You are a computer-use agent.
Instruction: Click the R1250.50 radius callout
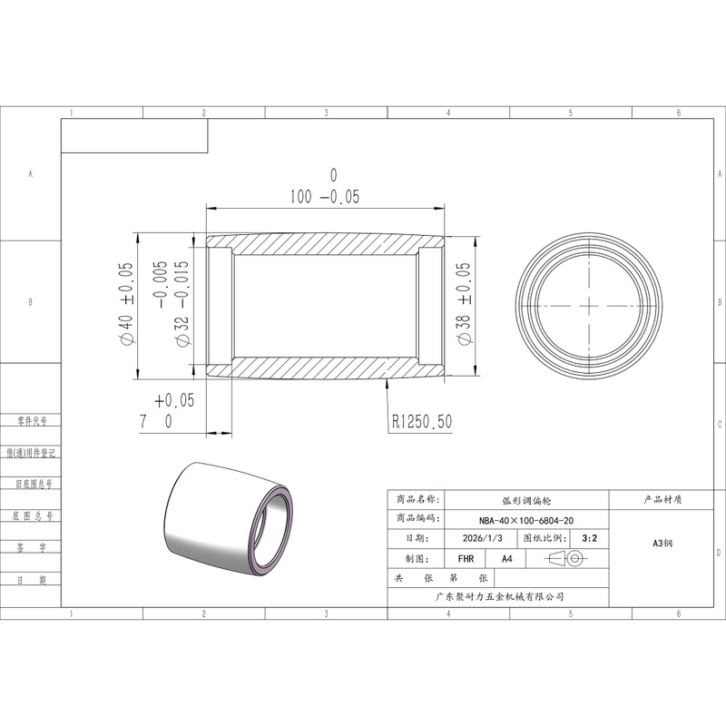click(422, 421)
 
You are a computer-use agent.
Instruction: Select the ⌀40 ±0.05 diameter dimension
click(126, 304)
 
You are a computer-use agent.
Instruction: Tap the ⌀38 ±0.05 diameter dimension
click(464, 304)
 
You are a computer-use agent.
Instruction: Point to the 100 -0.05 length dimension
click(325, 196)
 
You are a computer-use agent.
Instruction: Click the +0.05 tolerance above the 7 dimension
click(174, 400)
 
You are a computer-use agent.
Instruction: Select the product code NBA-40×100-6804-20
click(526, 520)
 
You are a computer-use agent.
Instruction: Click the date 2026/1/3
click(483, 538)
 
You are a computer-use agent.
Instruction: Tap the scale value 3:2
click(589, 538)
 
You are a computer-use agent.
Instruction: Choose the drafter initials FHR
click(466, 559)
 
